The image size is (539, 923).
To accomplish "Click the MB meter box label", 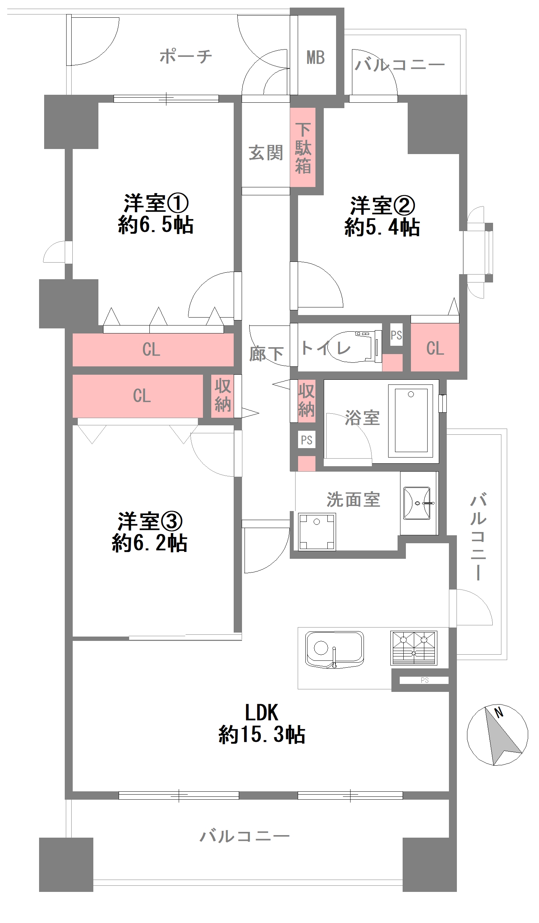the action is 315,58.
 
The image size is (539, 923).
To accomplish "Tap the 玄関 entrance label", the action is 266,153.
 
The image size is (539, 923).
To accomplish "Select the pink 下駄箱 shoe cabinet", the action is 303,147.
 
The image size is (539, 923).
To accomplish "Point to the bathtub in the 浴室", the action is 411,420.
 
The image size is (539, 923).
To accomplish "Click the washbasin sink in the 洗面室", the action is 417,503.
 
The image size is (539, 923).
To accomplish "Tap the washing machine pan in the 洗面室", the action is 317,532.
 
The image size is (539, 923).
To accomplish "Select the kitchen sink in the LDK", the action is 334,650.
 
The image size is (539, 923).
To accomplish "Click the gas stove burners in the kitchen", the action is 414,647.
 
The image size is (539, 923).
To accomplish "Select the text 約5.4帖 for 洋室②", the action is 382,227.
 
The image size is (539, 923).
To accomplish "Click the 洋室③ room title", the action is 150,521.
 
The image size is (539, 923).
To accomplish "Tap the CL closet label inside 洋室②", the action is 435,348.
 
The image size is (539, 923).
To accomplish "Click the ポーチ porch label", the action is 186,56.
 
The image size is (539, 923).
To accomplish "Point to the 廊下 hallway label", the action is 266,354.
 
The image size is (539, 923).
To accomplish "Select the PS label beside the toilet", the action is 396,335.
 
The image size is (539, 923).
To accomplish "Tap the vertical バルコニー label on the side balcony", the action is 478,537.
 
